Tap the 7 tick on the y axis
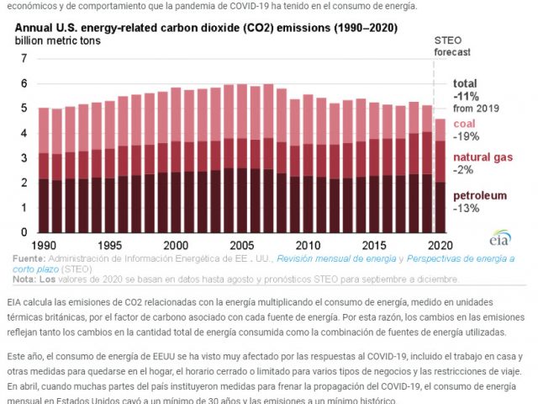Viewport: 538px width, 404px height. pos(24,58)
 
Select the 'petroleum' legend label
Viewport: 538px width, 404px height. pos(480,195)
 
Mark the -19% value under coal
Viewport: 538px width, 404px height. pos(467,136)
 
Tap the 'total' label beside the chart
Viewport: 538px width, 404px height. pos(466,83)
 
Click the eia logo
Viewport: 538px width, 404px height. pos(501,239)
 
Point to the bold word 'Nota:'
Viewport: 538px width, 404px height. pos(25,279)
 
